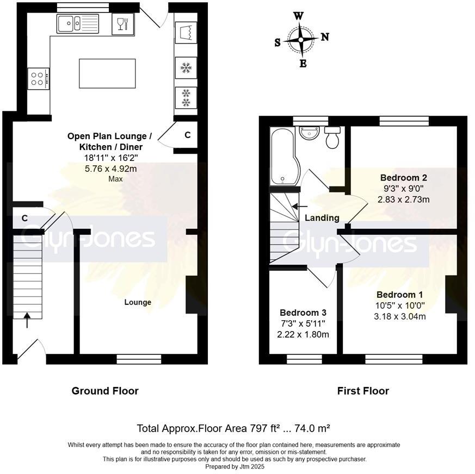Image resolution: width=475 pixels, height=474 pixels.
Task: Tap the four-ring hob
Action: click(x=38, y=78)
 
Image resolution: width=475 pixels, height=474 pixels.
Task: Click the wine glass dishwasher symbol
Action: click(x=122, y=24)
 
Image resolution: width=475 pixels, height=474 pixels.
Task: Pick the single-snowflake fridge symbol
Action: click(x=186, y=68)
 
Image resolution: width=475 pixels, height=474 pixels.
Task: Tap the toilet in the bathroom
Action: click(x=332, y=138)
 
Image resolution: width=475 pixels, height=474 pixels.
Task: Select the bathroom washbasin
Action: click(x=310, y=133)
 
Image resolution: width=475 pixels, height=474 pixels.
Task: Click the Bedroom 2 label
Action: click(x=403, y=178)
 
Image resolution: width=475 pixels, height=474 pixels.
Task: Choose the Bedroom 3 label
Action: click(x=303, y=313)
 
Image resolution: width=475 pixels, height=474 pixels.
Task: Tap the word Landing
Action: click(x=322, y=218)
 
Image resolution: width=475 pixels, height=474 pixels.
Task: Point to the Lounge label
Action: click(x=138, y=302)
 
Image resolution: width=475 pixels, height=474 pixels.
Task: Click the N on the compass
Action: click(x=325, y=37)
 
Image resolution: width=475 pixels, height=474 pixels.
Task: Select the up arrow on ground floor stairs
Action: click(x=27, y=320)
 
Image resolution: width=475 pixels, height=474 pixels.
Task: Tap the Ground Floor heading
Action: click(x=105, y=391)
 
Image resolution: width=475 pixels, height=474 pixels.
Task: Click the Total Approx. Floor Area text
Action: click(x=234, y=428)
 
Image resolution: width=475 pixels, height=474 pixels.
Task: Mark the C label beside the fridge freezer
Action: click(x=187, y=135)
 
